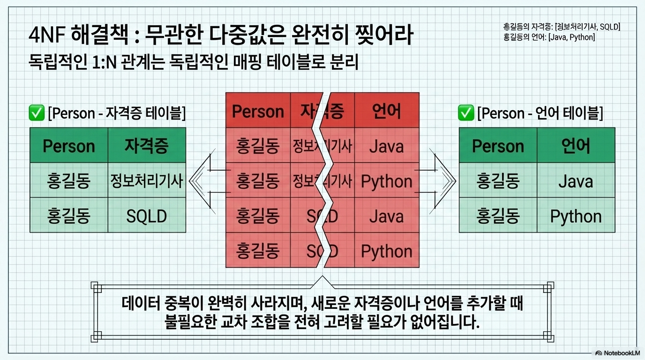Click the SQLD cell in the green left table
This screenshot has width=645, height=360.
coord(147,216)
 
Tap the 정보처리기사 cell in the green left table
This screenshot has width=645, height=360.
coord(147,180)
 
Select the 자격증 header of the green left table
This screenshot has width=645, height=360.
coord(147,146)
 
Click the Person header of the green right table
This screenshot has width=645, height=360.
coord(498,146)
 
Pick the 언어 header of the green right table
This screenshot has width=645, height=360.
coord(576,146)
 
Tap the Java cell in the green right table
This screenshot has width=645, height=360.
coord(576,181)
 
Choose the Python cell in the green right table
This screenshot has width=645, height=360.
coord(576,216)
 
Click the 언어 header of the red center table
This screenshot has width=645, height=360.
coord(386,111)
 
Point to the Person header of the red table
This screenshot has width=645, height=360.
coord(258,111)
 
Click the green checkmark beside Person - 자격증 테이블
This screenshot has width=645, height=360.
coord(36,113)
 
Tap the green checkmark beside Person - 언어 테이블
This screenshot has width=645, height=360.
coord(465,113)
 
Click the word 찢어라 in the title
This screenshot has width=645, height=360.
coord(382,36)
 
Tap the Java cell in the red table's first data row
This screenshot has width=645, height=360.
coord(386,146)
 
